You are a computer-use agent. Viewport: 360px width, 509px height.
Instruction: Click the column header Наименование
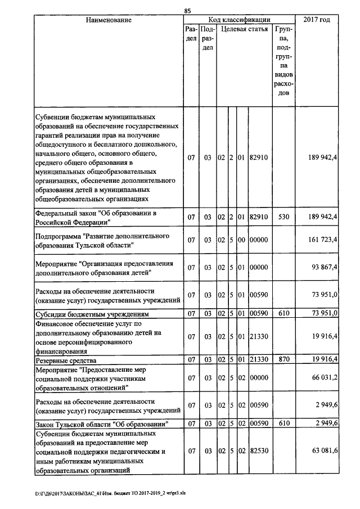(x=109, y=20)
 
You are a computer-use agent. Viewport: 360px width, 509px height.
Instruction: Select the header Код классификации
(x=239, y=20)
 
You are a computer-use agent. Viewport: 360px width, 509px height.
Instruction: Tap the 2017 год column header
(x=317, y=20)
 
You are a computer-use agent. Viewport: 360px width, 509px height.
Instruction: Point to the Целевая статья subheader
(x=244, y=29)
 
